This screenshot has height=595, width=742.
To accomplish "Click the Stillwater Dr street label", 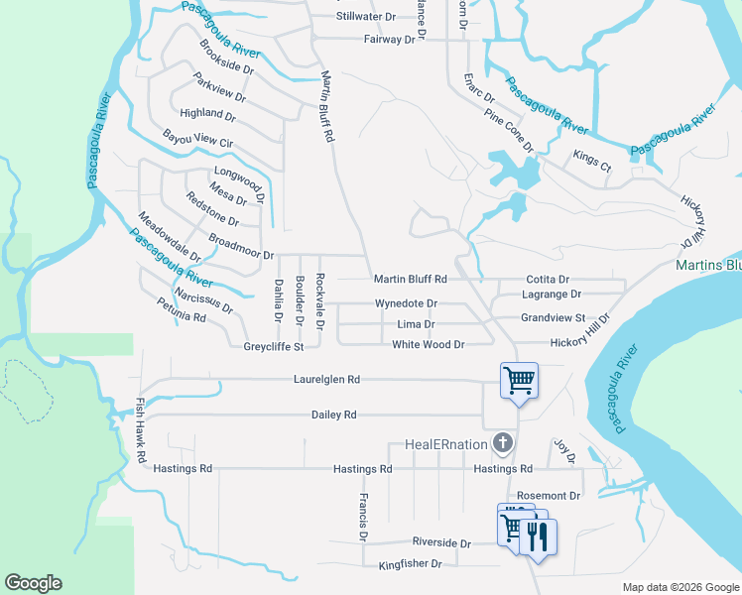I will point(365,17).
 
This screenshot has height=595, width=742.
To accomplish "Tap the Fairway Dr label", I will point(390,39).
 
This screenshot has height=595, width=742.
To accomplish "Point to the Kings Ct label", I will point(592,161).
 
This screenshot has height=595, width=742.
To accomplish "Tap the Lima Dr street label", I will point(416,324).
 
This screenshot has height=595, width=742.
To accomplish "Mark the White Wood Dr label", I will point(429,344).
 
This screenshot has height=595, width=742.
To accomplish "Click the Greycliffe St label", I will point(273,346).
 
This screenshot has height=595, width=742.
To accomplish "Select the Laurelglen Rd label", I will point(326,379).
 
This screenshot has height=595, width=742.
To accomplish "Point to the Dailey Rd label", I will point(333,415).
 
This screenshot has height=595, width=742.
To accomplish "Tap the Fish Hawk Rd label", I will point(141,432).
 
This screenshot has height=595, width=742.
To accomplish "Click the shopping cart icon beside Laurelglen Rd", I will point(519,380).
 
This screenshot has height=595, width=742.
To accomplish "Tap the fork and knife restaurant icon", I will point(538,536).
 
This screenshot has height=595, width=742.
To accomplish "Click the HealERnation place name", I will point(447,444).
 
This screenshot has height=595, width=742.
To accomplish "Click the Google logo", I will point(33,583).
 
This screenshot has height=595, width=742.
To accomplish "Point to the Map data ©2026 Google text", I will point(680,587).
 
